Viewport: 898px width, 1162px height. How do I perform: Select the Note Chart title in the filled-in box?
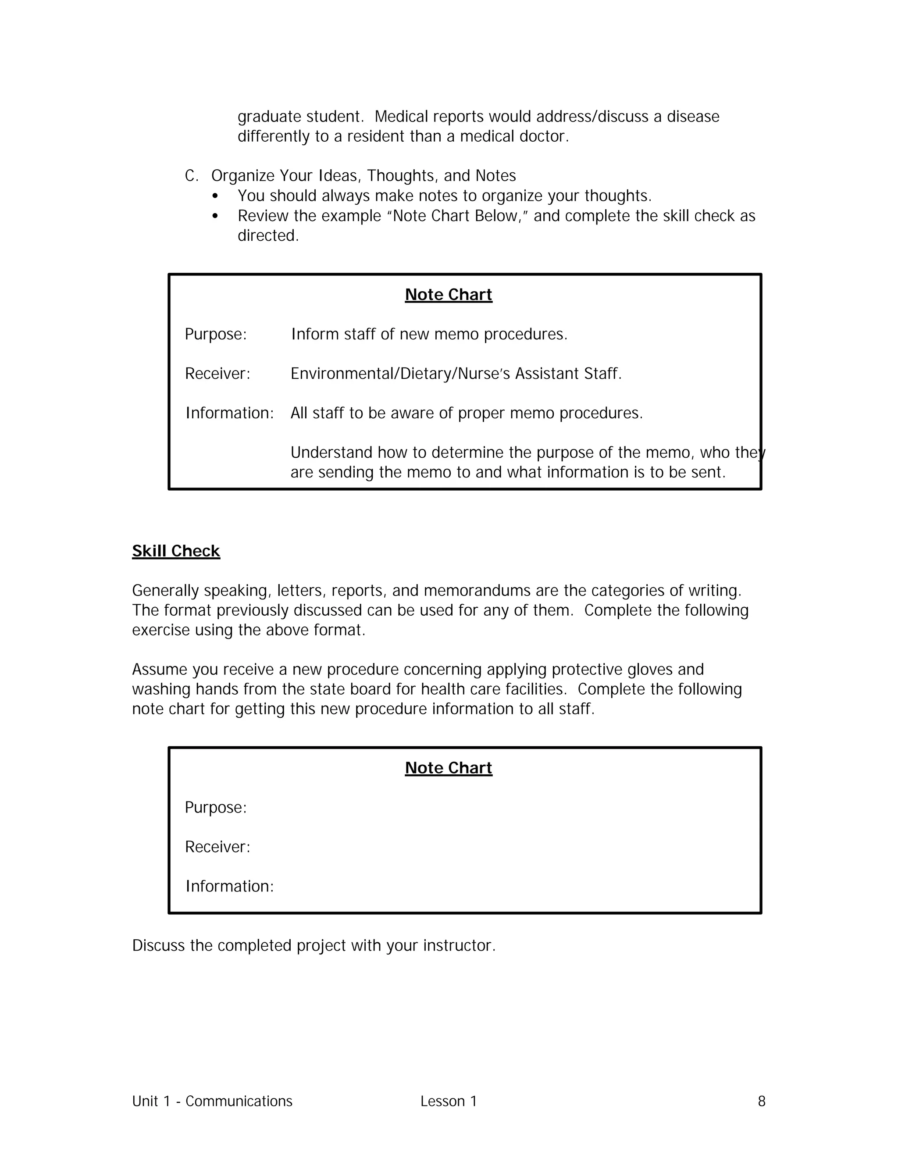(x=448, y=294)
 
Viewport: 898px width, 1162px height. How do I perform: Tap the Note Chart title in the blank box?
(x=448, y=768)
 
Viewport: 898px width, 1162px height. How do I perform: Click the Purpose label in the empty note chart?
(x=215, y=808)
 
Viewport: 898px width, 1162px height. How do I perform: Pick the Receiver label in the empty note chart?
(x=217, y=847)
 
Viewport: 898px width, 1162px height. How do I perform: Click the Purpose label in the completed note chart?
(x=215, y=334)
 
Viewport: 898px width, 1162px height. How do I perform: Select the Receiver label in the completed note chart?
(x=217, y=374)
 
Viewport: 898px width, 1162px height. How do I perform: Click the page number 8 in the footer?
(x=761, y=1101)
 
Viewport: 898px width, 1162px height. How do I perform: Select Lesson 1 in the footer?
(x=448, y=1101)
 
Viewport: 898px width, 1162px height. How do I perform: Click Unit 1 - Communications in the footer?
(x=212, y=1101)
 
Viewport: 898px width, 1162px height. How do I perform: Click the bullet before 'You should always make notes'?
(x=215, y=196)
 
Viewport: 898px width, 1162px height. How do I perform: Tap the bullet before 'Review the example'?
(x=215, y=216)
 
